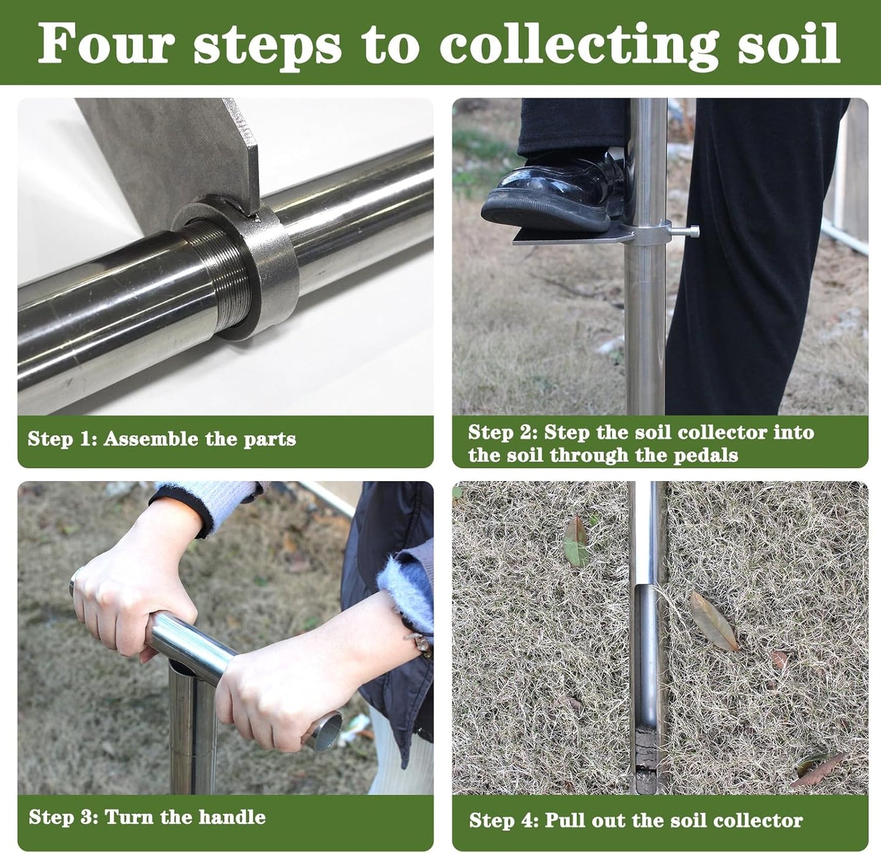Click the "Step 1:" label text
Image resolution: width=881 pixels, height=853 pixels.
point(62,439)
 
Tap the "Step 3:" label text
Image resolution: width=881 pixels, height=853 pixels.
point(63,817)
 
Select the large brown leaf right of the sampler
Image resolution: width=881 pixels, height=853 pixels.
point(713,620)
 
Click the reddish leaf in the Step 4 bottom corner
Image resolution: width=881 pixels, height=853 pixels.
point(820,769)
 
